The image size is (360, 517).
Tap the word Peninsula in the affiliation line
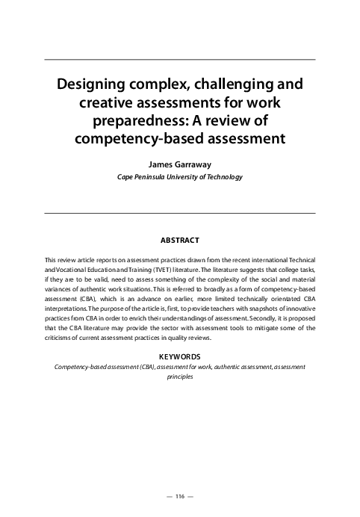click(152, 177)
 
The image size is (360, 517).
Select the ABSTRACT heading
click(180, 241)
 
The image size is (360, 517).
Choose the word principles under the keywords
click(180, 378)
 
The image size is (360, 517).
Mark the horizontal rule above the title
click(180, 58)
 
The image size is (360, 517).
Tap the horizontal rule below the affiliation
click(180, 213)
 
